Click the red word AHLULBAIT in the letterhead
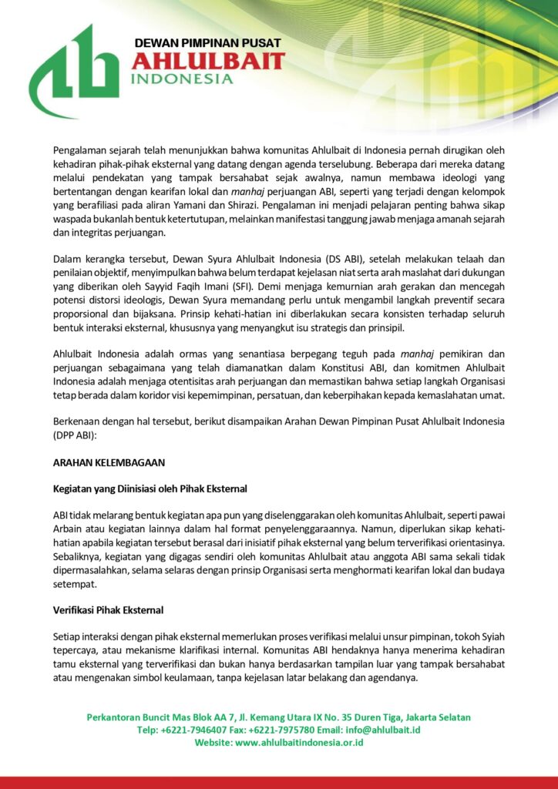click(208, 61)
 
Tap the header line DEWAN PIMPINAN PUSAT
click(207, 43)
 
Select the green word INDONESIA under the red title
click(182, 79)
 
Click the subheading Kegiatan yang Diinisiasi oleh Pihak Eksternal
click(149, 488)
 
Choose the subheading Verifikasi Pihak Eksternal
click(108, 610)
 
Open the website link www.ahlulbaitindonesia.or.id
click(299, 743)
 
